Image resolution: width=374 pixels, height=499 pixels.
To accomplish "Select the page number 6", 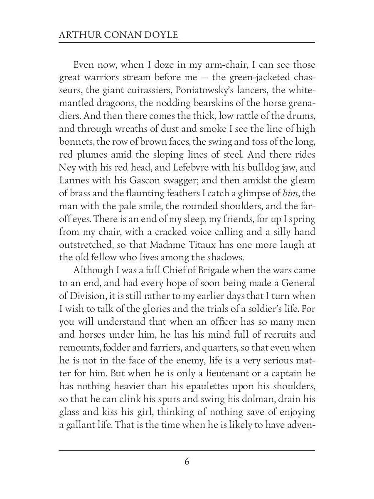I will [187, 462].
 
